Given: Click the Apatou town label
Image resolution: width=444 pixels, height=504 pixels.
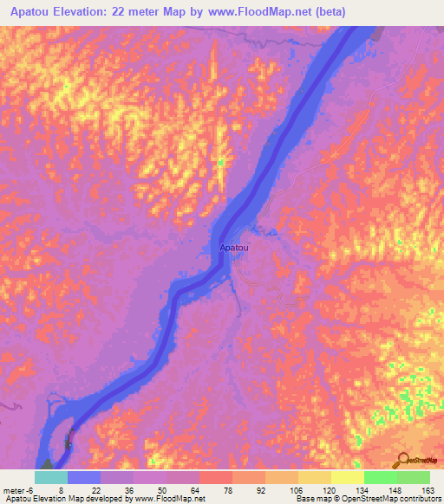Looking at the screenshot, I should [236, 248].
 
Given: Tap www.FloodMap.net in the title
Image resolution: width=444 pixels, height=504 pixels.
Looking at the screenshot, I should [264, 12].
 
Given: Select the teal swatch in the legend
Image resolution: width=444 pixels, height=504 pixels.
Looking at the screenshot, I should [51, 477].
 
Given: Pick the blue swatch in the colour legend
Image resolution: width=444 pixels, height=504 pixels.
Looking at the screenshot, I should [84, 477].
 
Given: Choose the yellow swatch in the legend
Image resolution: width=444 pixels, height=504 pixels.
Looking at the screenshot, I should [347, 477].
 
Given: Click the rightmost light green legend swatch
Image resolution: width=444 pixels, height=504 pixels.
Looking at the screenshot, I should [413, 477].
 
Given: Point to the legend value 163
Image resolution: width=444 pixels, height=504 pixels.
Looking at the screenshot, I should [428, 489].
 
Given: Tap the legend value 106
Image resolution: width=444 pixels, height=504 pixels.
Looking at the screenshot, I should [296, 489].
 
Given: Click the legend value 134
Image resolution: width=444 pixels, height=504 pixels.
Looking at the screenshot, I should [362, 489].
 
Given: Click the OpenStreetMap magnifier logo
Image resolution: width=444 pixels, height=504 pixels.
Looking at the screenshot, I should [402, 460].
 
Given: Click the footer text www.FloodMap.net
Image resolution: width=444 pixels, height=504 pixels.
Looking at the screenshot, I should [169, 500].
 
